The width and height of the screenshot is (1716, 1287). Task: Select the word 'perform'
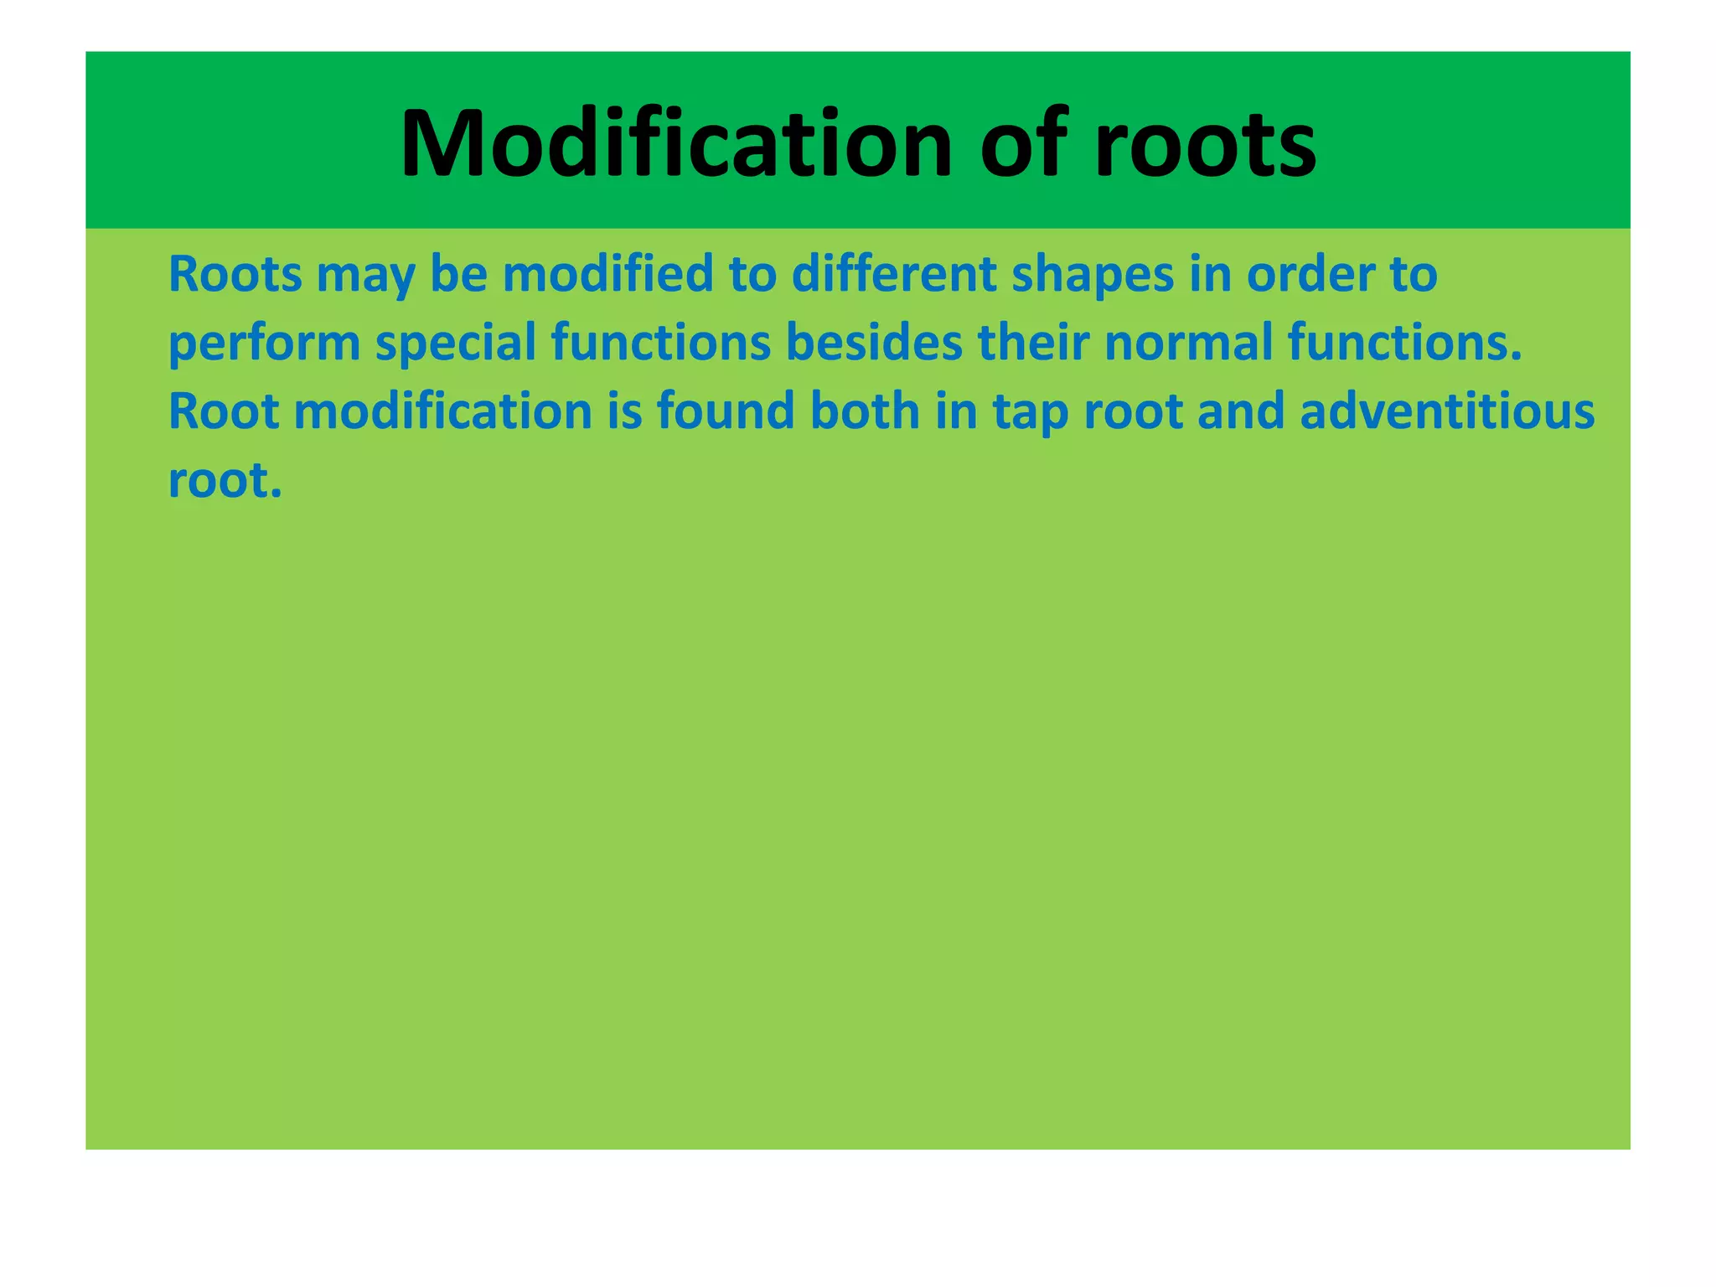[265, 344]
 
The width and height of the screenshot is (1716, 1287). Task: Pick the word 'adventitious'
[1447, 412]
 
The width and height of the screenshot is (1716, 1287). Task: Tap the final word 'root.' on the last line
[225, 481]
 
